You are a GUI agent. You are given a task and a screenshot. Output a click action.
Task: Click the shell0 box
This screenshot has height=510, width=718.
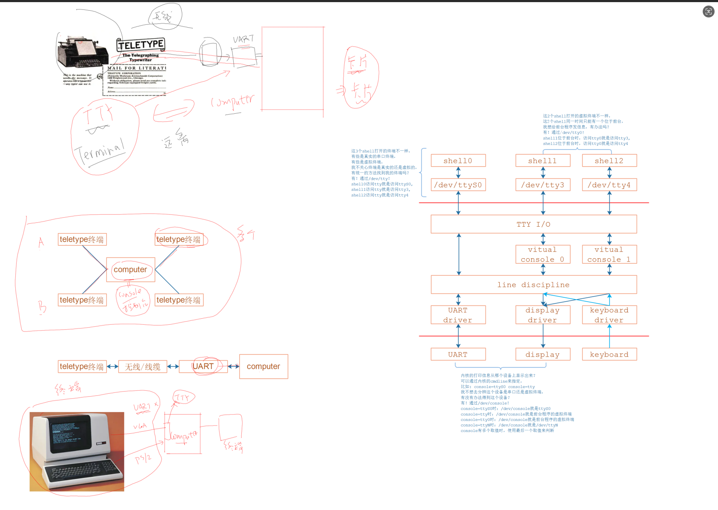click(x=458, y=161)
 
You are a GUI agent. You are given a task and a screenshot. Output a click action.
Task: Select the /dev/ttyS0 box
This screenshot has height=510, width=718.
click(x=458, y=185)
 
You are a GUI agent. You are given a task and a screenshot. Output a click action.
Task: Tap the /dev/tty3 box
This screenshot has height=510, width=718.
click(x=543, y=185)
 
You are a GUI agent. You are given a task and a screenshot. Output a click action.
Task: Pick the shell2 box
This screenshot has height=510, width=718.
click(x=609, y=161)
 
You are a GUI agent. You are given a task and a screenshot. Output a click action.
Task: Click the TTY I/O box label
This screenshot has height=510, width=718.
click(x=533, y=224)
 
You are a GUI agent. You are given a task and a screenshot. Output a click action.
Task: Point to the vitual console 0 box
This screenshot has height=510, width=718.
click(x=543, y=254)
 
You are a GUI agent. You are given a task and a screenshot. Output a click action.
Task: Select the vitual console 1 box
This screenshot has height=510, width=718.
click(x=609, y=254)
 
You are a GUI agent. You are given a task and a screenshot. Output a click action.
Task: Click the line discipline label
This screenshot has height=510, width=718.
click(x=533, y=285)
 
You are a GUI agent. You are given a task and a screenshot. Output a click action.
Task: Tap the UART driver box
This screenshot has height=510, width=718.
click(x=458, y=315)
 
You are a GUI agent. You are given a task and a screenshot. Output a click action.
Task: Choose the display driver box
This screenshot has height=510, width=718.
click(x=543, y=315)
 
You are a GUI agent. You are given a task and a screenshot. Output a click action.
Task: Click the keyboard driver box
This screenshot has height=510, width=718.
click(x=609, y=315)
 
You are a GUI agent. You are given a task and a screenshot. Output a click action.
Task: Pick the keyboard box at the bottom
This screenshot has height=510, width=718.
click(x=609, y=354)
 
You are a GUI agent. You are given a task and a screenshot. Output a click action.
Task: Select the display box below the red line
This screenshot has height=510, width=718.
click(x=543, y=354)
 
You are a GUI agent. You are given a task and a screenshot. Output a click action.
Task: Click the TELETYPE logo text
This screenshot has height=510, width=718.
click(x=141, y=45)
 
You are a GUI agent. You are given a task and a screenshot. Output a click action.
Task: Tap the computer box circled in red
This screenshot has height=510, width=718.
click(x=130, y=270)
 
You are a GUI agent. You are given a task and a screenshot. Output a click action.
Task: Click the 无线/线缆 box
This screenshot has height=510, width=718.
click(x=143, y=366)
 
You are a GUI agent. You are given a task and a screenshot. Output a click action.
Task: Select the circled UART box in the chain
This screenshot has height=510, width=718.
click(x=203, y=366)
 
